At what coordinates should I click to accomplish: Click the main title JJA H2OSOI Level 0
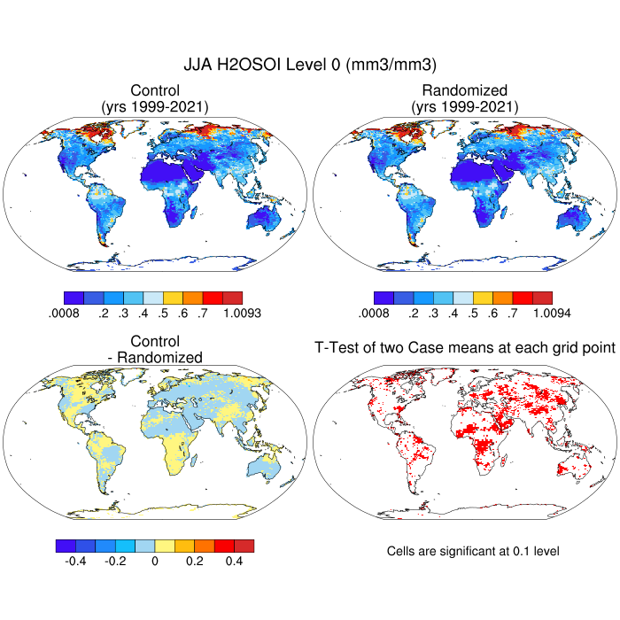[x=310, y=65]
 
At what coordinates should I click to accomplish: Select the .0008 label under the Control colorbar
[x=63, y=313]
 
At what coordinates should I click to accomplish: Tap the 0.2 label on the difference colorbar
[x=195, y=561]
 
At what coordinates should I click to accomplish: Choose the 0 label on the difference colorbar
[x=155, y=561]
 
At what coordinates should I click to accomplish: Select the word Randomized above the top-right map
[x=464, y=90]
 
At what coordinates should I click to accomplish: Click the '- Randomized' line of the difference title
[x=155, y=357]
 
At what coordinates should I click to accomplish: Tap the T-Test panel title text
[x=464, y=348]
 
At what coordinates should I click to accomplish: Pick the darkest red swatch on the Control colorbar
[x=232, y=298]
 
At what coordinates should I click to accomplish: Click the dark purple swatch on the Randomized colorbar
[x=384, y=298]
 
